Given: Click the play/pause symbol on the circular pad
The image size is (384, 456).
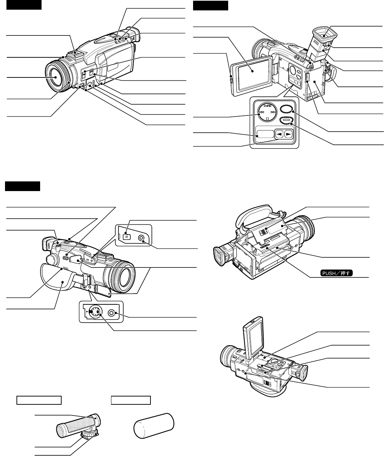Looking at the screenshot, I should [x=268, y=106].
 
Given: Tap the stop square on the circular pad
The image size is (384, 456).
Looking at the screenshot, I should [x=268, y=118].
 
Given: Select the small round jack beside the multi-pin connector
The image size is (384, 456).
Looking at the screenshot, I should [x=112, y=313].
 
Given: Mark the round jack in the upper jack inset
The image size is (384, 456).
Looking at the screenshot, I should [x=143, y=237].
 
